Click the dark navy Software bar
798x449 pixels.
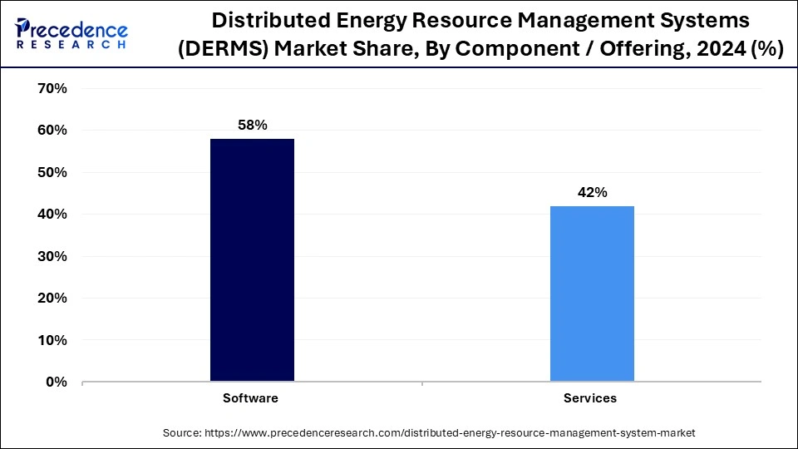pyautogui.click(x=252, y=260)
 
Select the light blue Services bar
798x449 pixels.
pyautogui.click(x=592, y=294)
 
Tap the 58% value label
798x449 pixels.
pyautogui.click(x=252, y=125)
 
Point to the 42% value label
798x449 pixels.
pyautogui.click(x=592, y=192)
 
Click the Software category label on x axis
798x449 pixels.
pyautogui.click(x=250, y=398)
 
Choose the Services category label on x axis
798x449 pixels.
pyautogui.click(x=590, y=398)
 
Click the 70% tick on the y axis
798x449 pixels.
pyautogui.click(x=52, y=88)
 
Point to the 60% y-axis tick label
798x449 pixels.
pyautogui.click(x=52, y=131)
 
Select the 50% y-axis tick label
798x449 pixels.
pyautogui.click(x=52, y=172)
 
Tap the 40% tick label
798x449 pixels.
pyautogui.click(x=52, y=215)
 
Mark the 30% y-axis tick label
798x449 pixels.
pyautogui.click(x=52, y=256)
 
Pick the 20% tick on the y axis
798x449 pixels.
pyautogui.click(x=52, y=298)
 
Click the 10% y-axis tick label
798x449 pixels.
pyautogui.click(x=52, y=340)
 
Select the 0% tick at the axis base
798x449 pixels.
pyautogui.click(x=56, y=382)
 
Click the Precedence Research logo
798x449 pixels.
pyautogui.click(x=71, y=33)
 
